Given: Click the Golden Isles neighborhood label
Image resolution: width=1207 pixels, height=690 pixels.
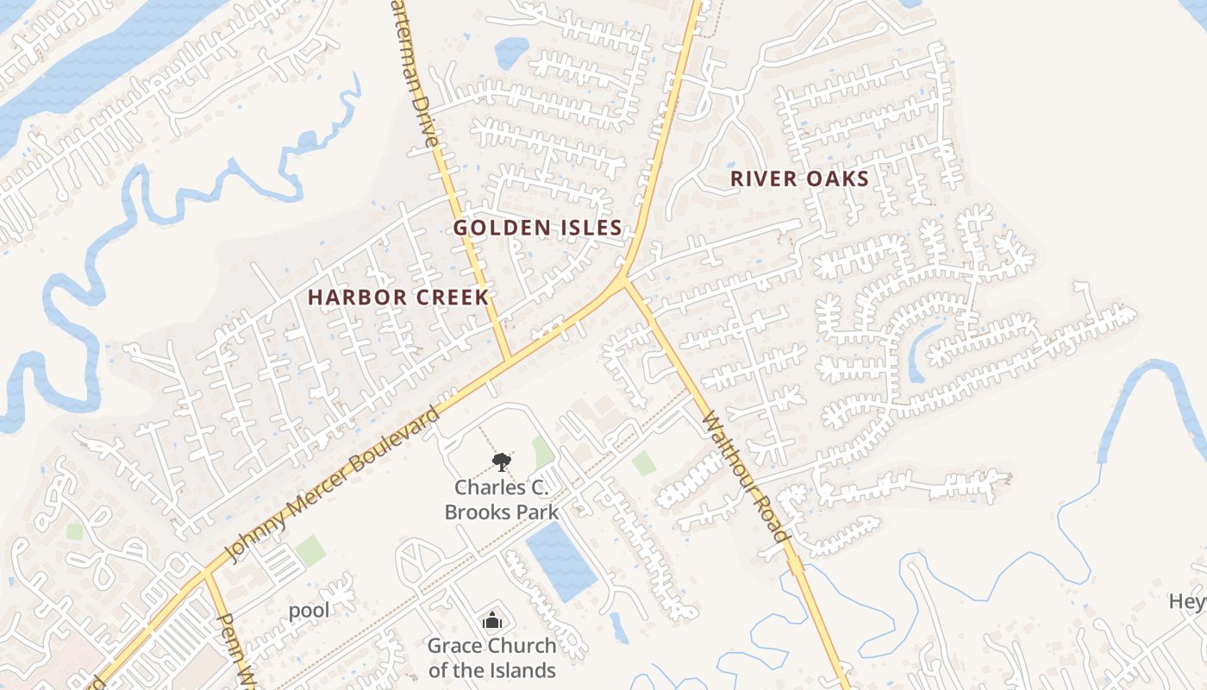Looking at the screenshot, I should click(x=537, y=228).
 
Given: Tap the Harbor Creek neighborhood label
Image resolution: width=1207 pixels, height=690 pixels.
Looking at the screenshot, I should click(x=398, y=298).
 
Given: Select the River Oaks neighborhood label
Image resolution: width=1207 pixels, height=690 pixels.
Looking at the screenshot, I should click(x=799, y=179).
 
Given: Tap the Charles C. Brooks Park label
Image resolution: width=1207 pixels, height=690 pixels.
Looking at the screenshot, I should click(x=501, y=499).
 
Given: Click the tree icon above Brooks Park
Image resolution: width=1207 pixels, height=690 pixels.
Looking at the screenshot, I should click(x=501, y=463).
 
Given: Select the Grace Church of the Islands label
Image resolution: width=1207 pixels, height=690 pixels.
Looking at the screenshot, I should click(x=491, y=658).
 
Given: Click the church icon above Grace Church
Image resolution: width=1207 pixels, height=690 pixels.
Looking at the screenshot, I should click(x=491, y=619).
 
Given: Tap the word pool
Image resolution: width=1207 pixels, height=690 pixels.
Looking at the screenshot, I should click(x=309, y=611).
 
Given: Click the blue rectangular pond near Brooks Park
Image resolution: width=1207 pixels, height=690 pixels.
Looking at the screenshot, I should click(x=560, y=561).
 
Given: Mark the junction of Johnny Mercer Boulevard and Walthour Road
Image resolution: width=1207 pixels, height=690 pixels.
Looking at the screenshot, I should click(x=626, y=280).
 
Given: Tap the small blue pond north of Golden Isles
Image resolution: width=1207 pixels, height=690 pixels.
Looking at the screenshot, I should click(x=511, y=53).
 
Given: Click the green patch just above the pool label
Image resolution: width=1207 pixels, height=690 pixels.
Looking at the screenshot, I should click(x=310, y=549).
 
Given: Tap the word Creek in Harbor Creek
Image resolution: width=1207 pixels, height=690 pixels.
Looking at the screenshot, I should click(x=450, y=298).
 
